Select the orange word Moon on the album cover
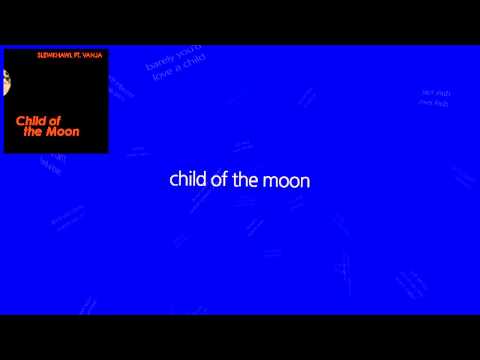[x=63, y=132]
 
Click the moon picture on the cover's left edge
[x=8, y=90]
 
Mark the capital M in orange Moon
[x=52, y=132]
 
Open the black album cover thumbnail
[x=56, y=100]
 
